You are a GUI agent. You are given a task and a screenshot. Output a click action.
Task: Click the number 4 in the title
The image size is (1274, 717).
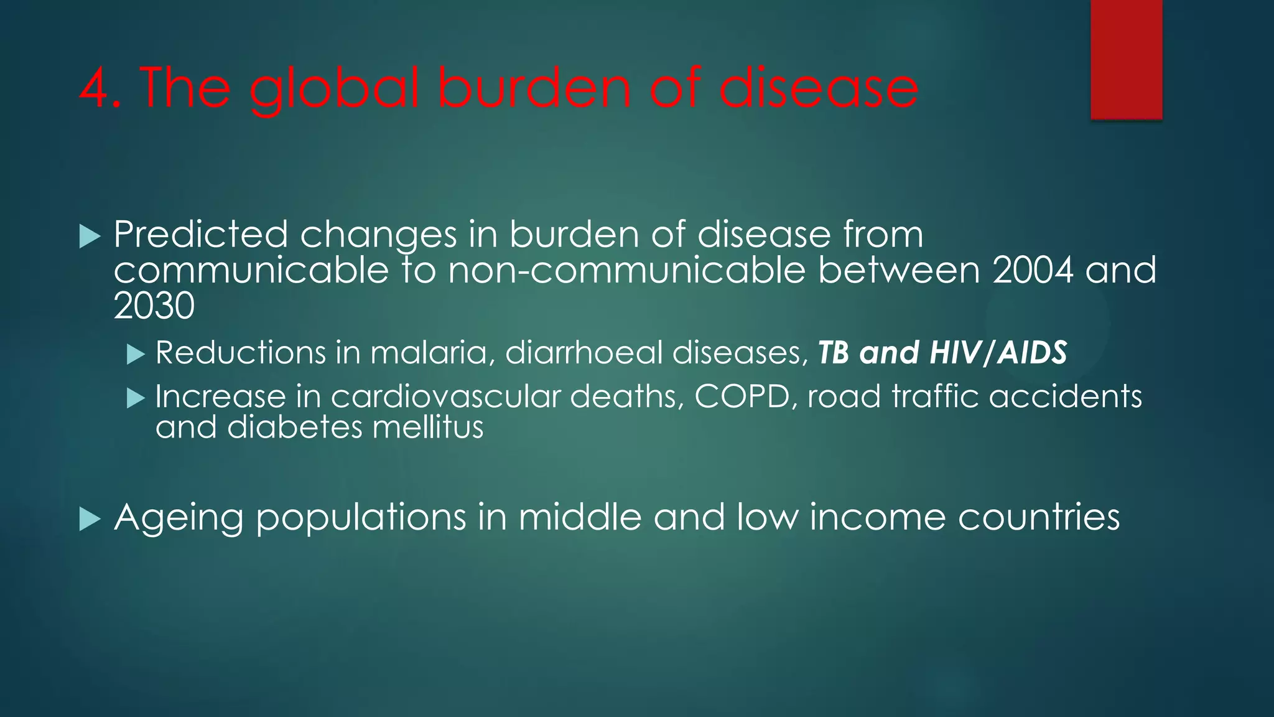pos(95,88)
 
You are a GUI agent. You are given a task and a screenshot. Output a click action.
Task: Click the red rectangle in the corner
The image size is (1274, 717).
pos(1126,59)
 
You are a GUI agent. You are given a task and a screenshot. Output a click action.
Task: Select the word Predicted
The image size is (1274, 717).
pos(200,235)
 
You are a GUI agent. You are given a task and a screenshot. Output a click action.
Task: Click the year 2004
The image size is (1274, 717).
pos(1033,271)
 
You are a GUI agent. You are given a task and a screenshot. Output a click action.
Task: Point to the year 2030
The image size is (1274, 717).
pos(154,306)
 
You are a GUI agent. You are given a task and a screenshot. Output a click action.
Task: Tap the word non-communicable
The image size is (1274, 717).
pos(626,271)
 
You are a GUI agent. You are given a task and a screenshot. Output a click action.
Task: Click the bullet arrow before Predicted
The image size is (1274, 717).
pos(90,237)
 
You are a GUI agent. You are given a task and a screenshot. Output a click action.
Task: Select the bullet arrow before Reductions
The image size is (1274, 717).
pos(135,355)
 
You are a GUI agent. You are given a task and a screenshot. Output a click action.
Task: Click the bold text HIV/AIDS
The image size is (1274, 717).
pos(998,353)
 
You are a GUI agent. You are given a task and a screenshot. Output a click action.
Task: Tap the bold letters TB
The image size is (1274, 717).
pos(833,353)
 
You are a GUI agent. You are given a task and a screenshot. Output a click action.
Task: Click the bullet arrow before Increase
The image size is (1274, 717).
pos(135,398)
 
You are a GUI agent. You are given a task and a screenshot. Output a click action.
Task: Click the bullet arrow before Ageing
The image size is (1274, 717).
pos(90,519)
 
